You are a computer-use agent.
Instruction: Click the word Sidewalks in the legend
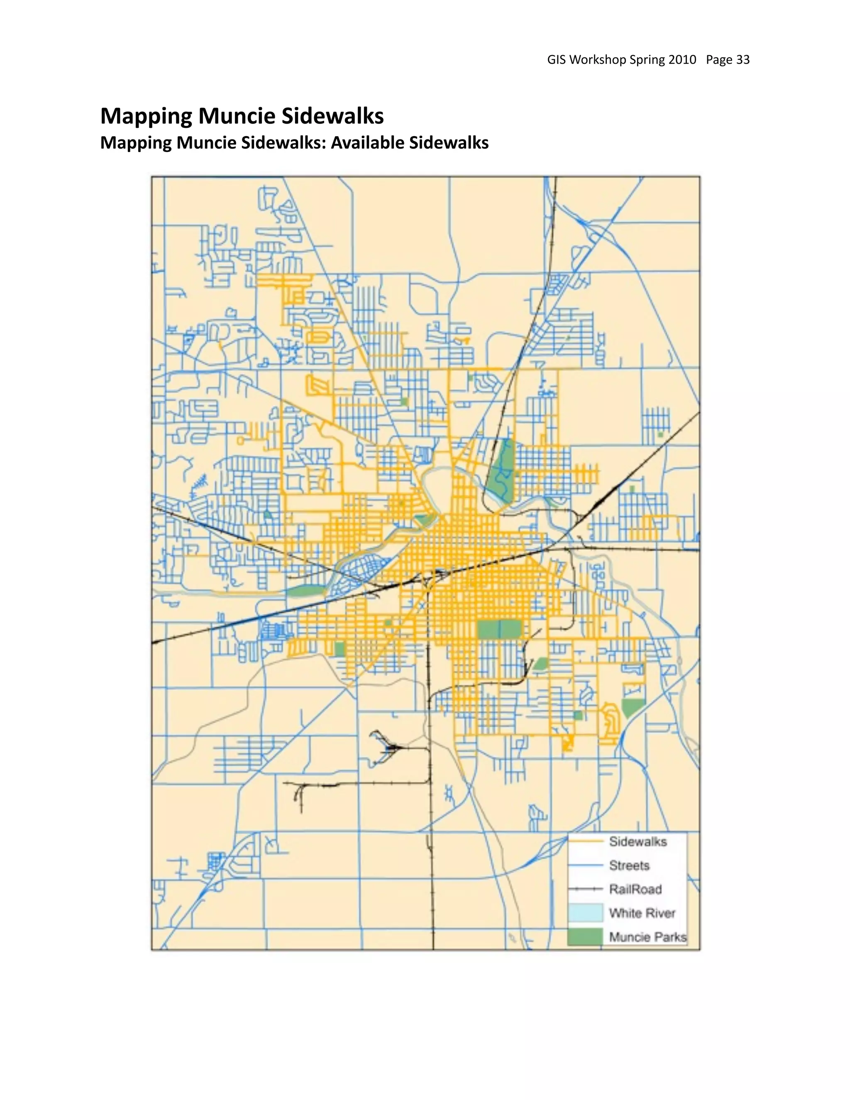[637, 842]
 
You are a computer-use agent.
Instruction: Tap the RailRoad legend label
[635, 889]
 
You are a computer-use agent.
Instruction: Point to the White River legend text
[642, 913]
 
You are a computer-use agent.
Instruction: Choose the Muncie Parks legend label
[647, 937]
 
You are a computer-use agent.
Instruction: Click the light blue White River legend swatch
[586, 913]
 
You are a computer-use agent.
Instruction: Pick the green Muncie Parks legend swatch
[586, 937]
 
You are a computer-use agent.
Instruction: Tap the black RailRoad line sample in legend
[586, 890]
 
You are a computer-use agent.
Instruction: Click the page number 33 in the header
[743, 60]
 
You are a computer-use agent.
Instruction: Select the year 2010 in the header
[682, 60]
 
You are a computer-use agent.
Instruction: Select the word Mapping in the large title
[146, 116]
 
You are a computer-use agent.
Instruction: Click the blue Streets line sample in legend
[586, 865]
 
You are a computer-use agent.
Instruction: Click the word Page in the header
[719, 60]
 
